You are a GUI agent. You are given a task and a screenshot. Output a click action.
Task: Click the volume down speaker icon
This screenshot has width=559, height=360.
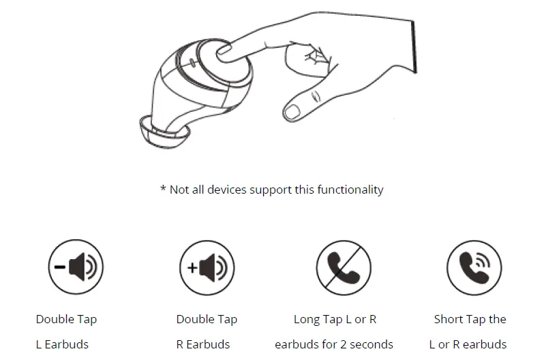pos(76,267)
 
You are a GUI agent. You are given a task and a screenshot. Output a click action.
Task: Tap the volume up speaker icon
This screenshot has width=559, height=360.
pos(207,267)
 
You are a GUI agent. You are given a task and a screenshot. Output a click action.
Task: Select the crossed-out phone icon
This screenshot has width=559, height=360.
pos(344,267)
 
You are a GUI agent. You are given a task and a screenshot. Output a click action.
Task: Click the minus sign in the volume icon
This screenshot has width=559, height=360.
pos(60,267)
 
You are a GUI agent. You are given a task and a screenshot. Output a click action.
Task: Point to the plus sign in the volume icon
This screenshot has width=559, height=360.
pos(192,268)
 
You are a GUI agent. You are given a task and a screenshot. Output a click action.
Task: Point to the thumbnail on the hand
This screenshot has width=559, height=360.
pos(291,110)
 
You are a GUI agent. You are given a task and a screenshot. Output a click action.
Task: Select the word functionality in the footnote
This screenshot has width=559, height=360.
pos(349,190)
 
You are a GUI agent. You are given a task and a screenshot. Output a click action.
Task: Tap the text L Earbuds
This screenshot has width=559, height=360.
pos(62,344)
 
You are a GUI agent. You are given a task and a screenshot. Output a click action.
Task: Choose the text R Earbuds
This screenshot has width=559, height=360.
pos(203,344)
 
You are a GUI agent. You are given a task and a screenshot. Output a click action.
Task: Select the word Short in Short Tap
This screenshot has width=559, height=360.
pos(449,319)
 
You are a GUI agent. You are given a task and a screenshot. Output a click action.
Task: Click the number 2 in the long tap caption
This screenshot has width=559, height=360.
pos(337,344)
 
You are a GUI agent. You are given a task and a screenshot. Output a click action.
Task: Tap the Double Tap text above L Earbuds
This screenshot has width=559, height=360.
pos(66,319)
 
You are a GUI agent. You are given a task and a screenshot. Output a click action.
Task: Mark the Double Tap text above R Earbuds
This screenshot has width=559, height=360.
pos(207,319)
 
